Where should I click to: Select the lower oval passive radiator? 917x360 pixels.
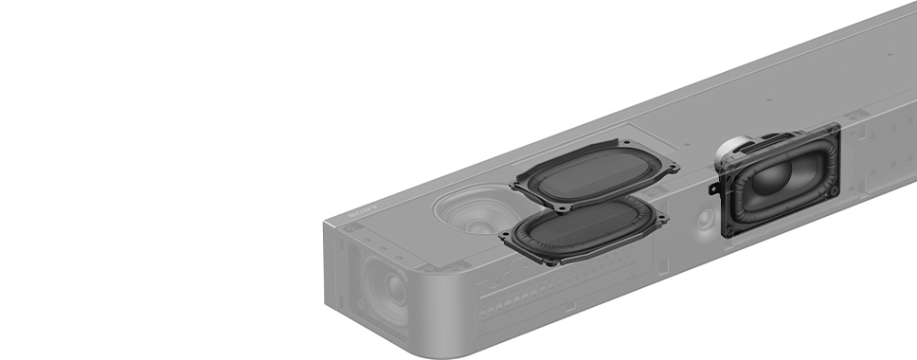click(583, 230)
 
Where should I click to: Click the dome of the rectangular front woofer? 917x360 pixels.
click(771, 177)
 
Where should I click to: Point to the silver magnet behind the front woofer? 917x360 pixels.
click(732, 151)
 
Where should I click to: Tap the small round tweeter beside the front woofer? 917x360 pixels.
click(705, 219)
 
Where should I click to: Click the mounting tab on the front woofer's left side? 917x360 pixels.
click(714, 189)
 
